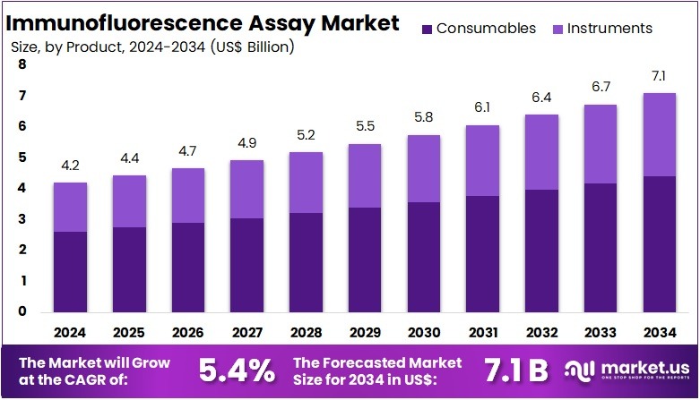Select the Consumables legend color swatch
click(x=428, y=29)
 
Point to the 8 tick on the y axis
click(x=22, y=65)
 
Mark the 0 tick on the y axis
click(x=22, y=311)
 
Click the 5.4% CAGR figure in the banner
click(x=237, y=369)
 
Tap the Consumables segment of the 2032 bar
click(x=542, y=251)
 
